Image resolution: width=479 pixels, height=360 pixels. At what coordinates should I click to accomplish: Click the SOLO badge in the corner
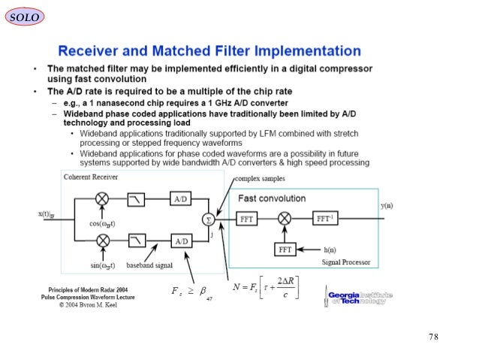pos(24,16)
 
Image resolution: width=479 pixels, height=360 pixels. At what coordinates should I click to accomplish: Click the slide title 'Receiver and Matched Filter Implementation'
pos(209,52)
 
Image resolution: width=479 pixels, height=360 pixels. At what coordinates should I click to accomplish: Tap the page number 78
pos(434,336)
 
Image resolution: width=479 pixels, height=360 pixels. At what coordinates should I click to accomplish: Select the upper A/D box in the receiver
pos(181,200)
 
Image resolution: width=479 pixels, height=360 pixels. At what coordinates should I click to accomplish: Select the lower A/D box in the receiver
pos(181,241)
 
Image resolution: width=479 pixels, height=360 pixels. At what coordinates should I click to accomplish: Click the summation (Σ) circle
pos(208,219)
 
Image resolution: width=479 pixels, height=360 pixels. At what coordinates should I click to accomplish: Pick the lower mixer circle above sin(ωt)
pos(102,241)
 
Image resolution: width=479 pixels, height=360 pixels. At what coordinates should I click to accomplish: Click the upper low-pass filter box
pos(137,200)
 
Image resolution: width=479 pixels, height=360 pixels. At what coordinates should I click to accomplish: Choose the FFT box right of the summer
pos(248,219)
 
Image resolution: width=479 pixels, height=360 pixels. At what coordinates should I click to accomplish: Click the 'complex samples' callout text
pos(260,179)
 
